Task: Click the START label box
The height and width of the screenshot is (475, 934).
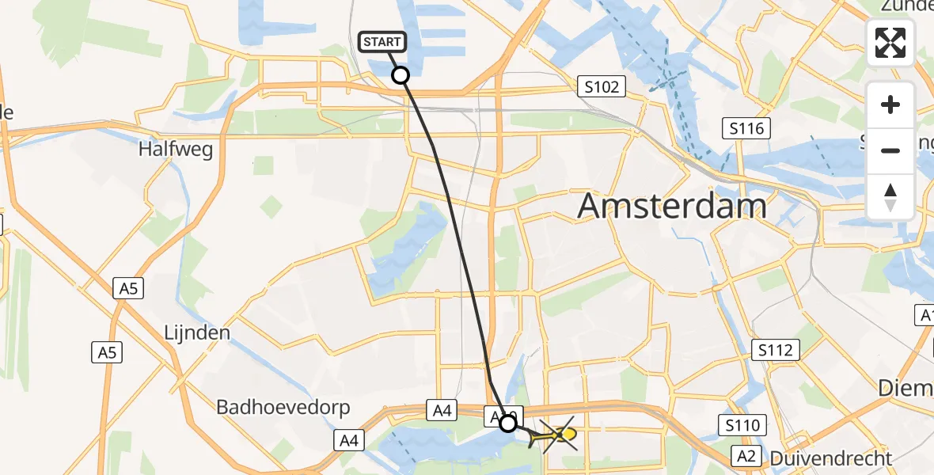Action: click(384, 41)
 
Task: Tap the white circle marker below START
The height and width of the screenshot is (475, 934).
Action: click(401, 75)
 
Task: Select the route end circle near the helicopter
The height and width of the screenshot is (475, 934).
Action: click(508, 424)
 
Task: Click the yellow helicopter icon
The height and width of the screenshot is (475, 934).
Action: click(560, 434)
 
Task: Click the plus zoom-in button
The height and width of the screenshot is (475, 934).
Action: click(890, 104)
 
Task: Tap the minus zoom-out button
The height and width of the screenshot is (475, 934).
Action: click(890, 150)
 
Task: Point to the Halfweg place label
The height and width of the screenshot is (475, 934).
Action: click(176, 149)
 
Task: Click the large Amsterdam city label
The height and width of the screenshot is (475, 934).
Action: click(672, 207)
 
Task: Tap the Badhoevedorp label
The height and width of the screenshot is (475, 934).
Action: click(272, 408)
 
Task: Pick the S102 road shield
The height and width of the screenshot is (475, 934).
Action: click(602, 86)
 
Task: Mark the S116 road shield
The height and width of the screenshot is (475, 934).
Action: click(746, 127)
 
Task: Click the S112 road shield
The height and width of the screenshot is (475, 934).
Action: click(776, 349)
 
